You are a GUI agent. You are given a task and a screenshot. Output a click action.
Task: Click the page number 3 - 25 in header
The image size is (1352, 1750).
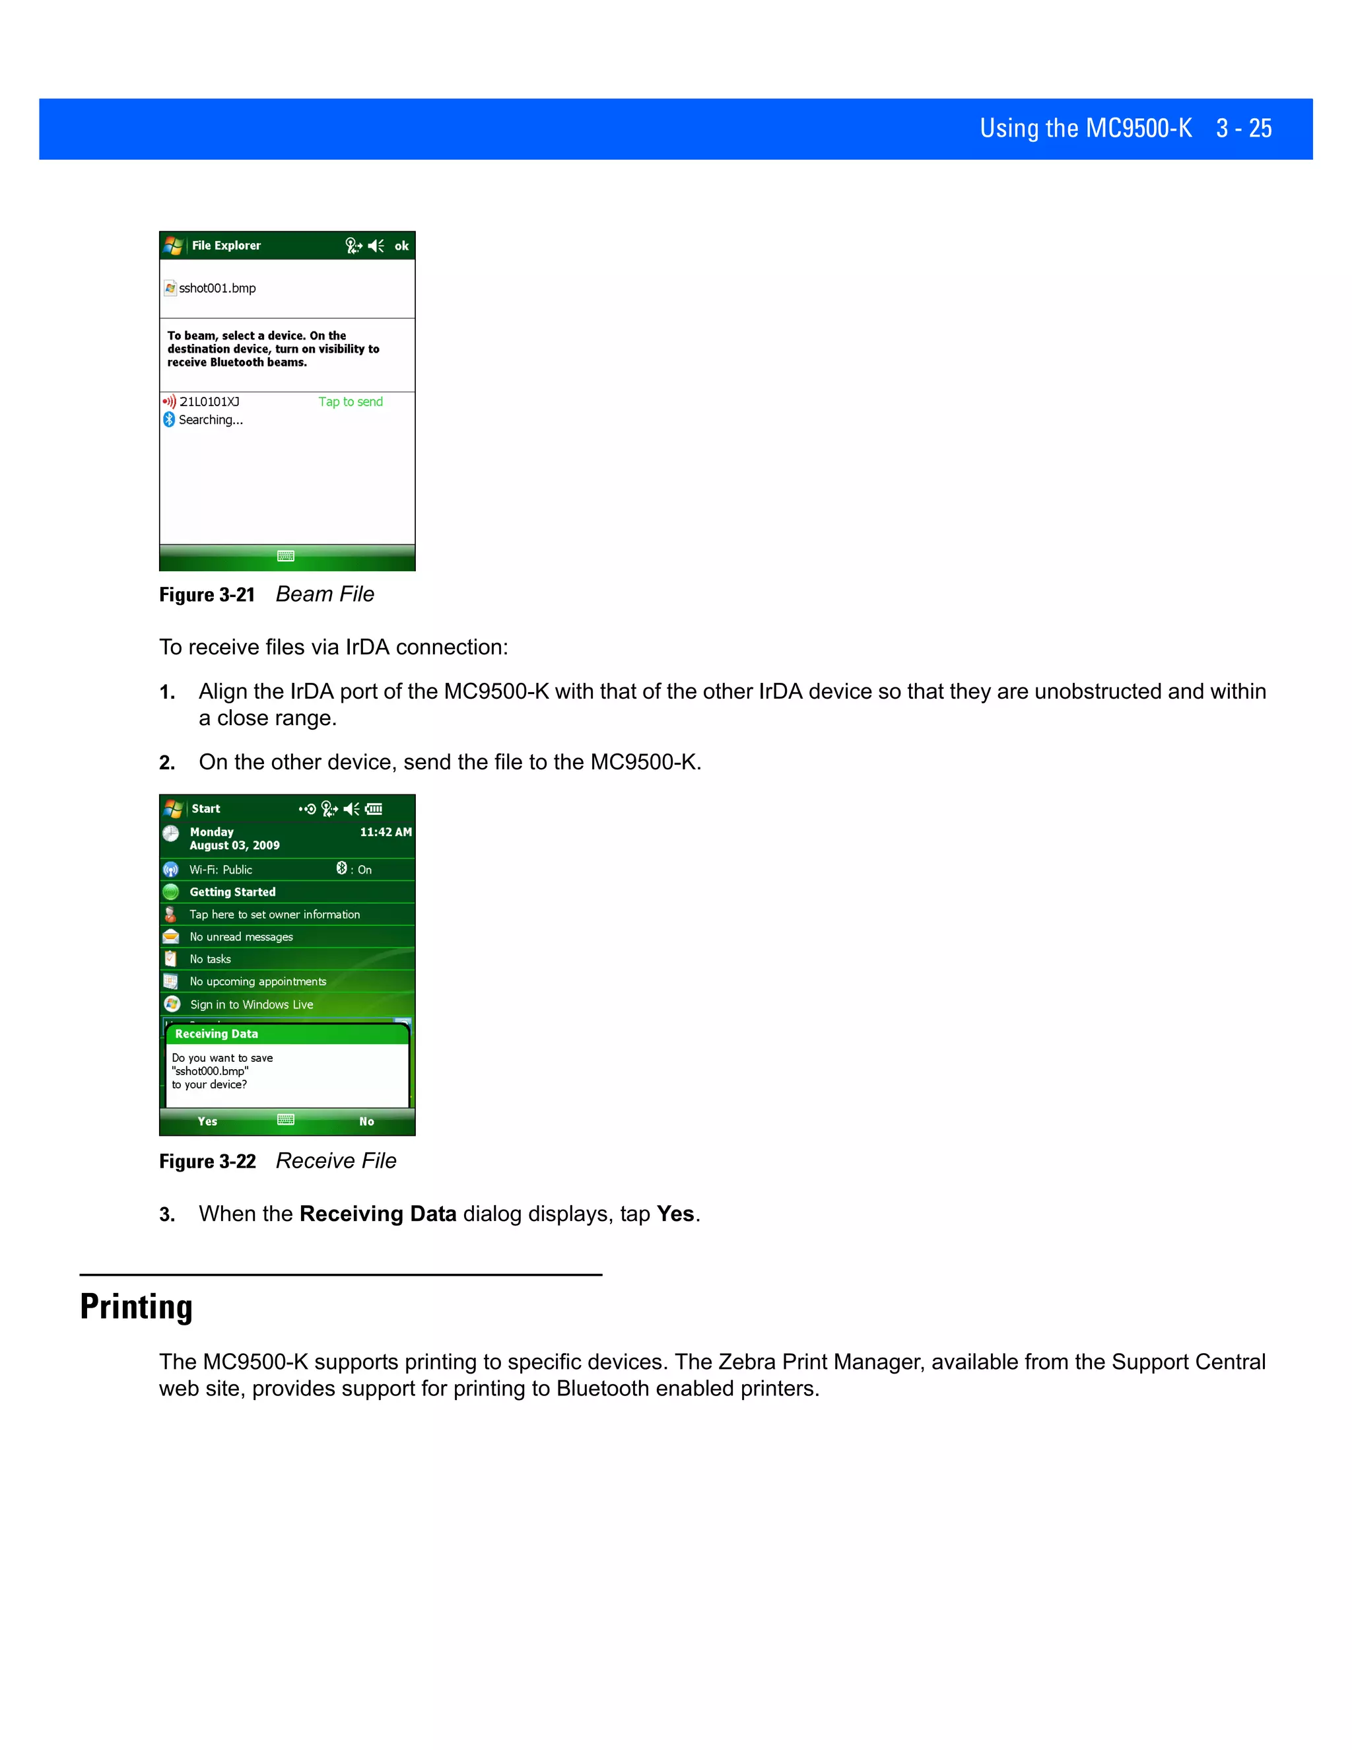1243,128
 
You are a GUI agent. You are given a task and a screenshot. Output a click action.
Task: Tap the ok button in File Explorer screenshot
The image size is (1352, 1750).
401,246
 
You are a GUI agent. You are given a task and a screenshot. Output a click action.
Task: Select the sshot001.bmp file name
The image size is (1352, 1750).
217,289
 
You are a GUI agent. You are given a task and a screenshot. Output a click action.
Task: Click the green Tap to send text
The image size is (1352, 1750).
350,402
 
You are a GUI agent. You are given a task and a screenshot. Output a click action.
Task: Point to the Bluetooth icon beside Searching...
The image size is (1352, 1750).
169,420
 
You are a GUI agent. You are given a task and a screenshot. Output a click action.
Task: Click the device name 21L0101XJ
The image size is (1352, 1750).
209,402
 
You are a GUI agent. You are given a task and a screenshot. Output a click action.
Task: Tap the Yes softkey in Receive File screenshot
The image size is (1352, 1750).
207,1122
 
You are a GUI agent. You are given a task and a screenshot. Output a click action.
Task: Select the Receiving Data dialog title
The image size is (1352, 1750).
217,1034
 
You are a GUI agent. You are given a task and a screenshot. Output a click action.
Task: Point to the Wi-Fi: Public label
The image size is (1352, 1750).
220,870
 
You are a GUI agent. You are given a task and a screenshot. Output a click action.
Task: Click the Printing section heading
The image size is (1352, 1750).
136,1307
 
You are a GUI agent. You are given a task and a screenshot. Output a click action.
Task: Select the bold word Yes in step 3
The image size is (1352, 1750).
675,1214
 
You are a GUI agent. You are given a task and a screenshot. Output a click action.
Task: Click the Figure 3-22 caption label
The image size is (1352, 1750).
207,1162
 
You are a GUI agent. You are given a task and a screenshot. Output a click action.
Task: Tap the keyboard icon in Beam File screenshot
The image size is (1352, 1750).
286,556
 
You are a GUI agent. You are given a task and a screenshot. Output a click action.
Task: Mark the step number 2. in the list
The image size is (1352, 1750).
166,763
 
